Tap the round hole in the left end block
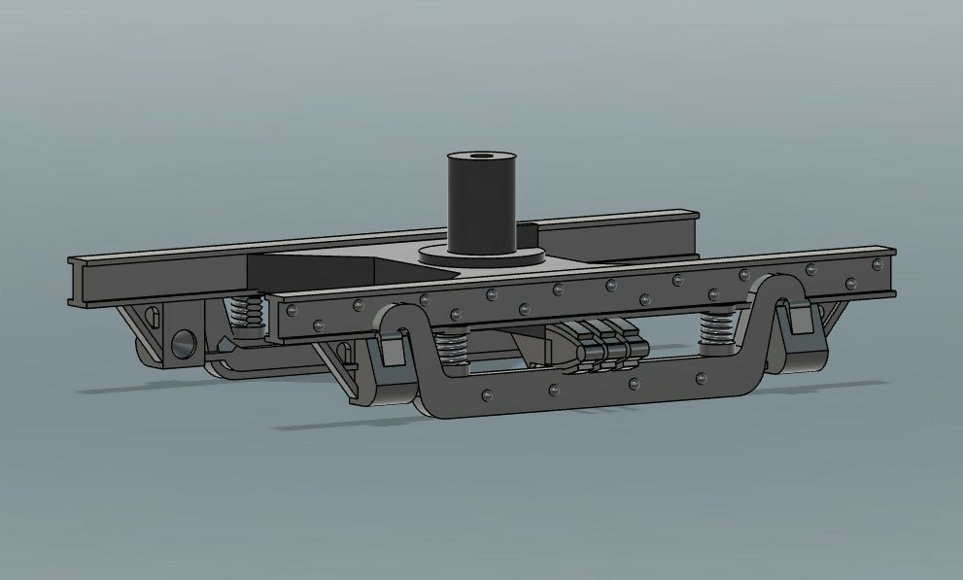click(183, 341)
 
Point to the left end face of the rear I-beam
click(77, 282)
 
